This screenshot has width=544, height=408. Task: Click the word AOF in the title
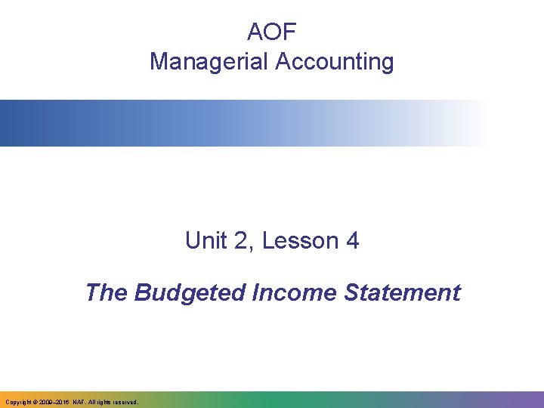(x=272, y=32)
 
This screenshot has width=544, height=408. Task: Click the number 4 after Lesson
(x=351, y=241)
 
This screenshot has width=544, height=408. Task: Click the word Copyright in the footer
(x=17, y=403)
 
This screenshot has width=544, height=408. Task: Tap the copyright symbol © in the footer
(x=35, y=403)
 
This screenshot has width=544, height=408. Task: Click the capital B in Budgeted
(x=142, y=292)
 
